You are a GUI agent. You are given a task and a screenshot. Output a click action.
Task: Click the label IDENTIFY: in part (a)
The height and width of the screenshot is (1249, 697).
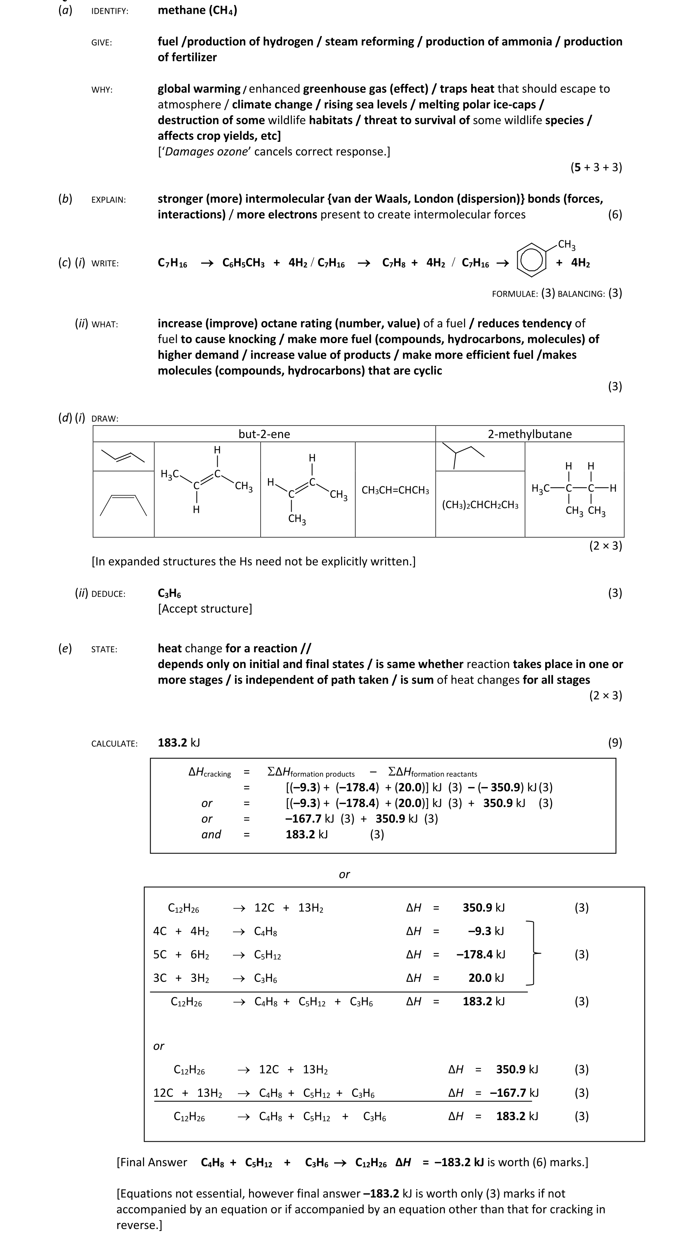coord(110,11)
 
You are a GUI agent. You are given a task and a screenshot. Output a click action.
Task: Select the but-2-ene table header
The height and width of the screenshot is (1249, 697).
coord(264,434)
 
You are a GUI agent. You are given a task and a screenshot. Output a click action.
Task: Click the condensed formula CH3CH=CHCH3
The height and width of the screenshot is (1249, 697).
coord(395,490)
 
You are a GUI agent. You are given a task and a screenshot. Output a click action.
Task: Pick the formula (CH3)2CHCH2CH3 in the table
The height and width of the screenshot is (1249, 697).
coord(480,505)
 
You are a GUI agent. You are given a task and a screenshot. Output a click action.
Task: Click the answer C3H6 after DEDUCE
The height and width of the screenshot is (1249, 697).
coord(169,593)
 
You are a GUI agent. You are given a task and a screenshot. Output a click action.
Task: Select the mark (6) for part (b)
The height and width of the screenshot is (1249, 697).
coord(615,214)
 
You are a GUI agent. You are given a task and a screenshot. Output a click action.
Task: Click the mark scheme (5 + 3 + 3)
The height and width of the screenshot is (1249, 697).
coord(596,167)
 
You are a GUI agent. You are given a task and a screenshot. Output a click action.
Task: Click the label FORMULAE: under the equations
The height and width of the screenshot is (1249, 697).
coord(514,294)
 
